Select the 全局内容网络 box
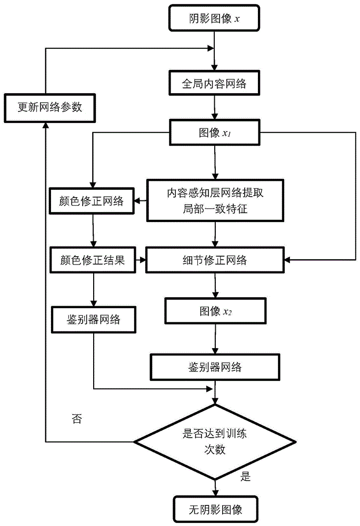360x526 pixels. click(x=214, y=84)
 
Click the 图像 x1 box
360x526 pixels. click(x=214, y=132)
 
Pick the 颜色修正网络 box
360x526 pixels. click(x=94, y=200)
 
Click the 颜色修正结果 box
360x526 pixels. click(x=94, y=260)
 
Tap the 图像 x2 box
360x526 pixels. click(x=214, y=311)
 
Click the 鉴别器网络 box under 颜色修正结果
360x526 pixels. click(x=94, y=318)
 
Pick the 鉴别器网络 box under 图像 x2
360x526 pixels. click(x=214, y=366)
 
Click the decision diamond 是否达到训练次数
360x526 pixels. click(x=214, y=441)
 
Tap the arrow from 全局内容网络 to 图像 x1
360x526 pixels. click(x=214, y=107)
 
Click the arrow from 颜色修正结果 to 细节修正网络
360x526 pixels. click(x=141, y=260)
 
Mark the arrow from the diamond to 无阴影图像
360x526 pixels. click(x=214, y=487)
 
